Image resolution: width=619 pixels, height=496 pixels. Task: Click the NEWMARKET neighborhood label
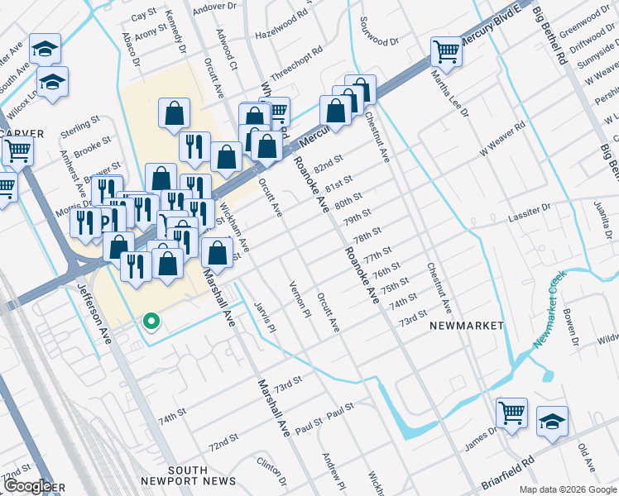(466, 326)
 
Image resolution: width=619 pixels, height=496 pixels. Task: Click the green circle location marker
(150, 321)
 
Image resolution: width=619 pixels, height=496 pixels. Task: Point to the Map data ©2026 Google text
(568, 489)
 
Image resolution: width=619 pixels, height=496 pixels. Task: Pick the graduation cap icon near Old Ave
(552, 421)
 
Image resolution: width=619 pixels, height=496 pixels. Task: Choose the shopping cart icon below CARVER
(17, 151)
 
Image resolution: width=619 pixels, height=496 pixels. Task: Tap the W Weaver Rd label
(502, 141)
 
